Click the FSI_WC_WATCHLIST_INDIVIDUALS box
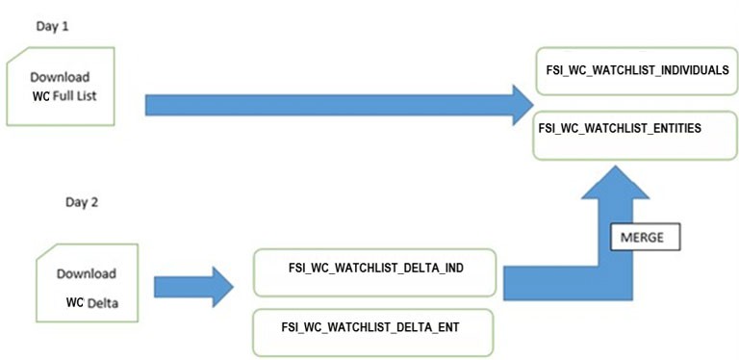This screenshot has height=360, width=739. click(x=635, y=71)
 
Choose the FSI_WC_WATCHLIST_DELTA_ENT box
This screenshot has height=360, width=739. click(x=373, y=328)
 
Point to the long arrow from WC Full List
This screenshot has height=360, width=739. click(x=327, y=105)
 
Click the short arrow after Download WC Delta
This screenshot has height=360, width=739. click(x=192, y=287)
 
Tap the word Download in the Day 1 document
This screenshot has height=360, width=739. click(x=60, y=76)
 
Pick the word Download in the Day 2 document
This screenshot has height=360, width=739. click(x=86, y=273)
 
